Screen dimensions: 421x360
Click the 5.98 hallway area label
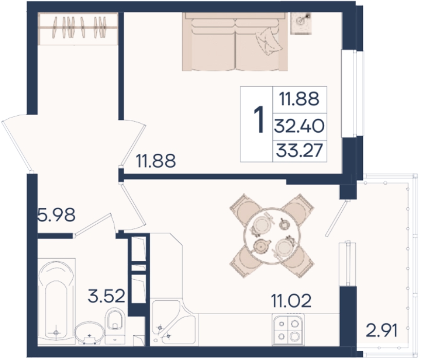pyautogui.click(x=57, y=215)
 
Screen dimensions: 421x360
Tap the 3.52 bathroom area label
pyautogui.click(x=107, y=296)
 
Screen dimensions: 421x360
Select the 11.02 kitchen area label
pyautogui.click(x=291, y=301)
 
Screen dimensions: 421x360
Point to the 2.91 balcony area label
pyautogui.click(x=381, y=331)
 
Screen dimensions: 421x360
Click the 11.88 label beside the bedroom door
pyautogui.click(x=156, y=160)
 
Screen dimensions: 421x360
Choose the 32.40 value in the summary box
pyautogui.click(x=299, y=126)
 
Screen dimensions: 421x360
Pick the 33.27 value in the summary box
pyautogui.click(x=300, y=150)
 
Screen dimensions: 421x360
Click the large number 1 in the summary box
pyautogui.click(x=259, y=119)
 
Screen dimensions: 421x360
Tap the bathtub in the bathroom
pyautogui.click(x=57, y=301)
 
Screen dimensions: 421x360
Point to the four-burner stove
pyautogui.click(x=288, y=329)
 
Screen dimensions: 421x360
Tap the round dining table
pyautogui.click(x=271, y=236)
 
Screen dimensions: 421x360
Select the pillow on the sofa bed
pyautogui.click(x=269, y=42)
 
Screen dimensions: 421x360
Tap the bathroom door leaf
pyautogui.click(x=93, y=225)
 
